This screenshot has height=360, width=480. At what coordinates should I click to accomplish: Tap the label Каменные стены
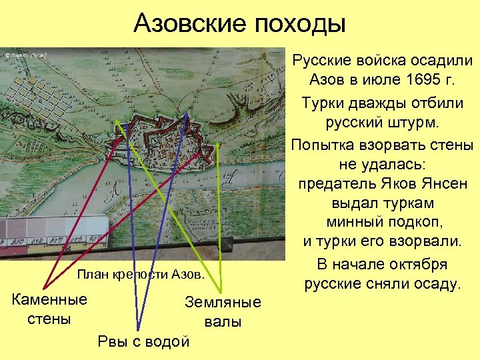point(49,309)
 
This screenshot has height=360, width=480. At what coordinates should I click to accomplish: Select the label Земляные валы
point(223,312)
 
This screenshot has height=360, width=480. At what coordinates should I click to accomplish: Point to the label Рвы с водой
point(143,342)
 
